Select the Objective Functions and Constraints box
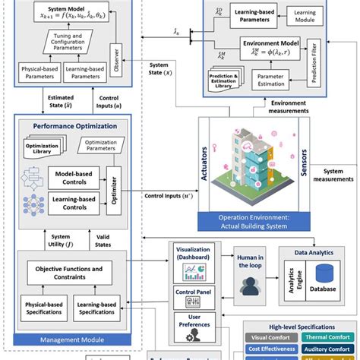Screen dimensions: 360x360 click(69, 273)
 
